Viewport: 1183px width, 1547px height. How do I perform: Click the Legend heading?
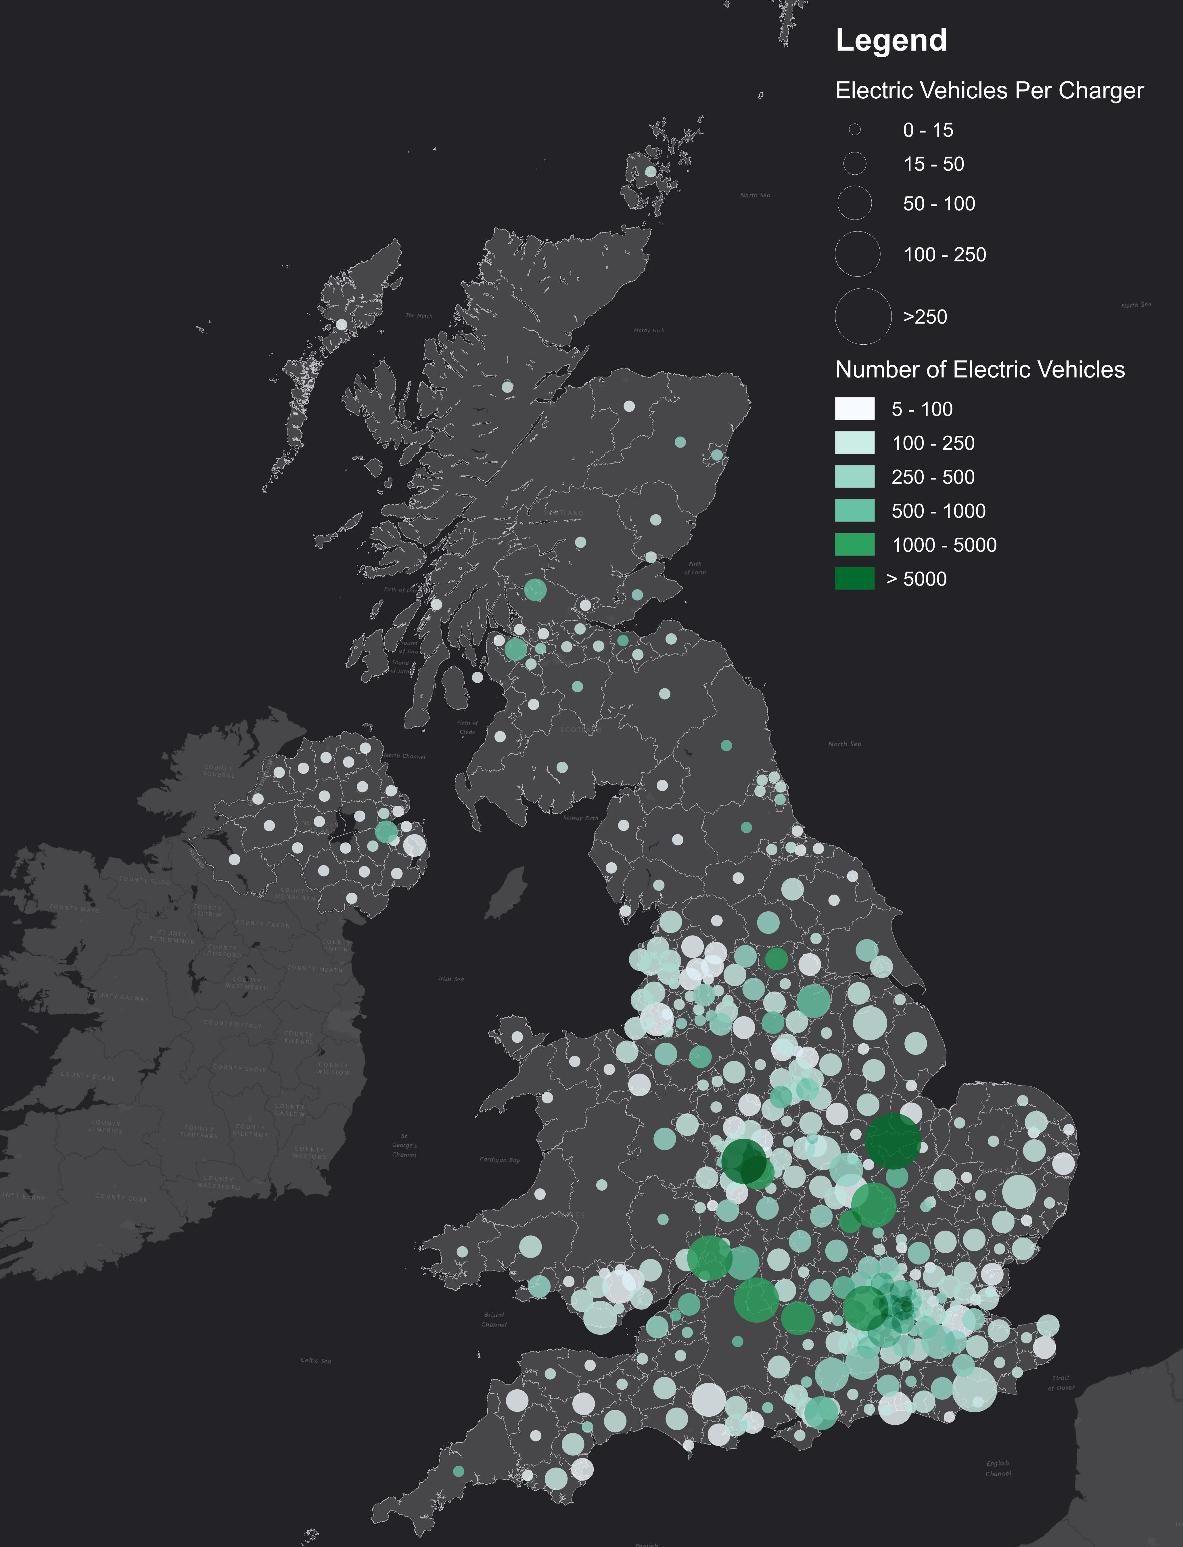891,40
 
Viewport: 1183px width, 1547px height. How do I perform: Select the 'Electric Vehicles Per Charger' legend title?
989,91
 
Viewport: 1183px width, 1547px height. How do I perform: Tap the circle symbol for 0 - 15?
854,130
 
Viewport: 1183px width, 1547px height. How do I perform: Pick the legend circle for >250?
863,316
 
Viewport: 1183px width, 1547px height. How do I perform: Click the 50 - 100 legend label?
939,204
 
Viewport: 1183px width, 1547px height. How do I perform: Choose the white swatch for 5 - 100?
854,408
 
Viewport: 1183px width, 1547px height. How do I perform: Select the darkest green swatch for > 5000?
854,578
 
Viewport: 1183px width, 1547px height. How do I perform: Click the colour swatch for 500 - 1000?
854,511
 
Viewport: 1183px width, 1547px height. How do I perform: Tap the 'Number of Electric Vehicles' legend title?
979,370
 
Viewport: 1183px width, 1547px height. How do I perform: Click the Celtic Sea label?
315,1360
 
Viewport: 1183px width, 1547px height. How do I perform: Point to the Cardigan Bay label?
499,1160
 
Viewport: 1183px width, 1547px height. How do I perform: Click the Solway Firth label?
580,818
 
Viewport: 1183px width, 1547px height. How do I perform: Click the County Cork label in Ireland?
121,1198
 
